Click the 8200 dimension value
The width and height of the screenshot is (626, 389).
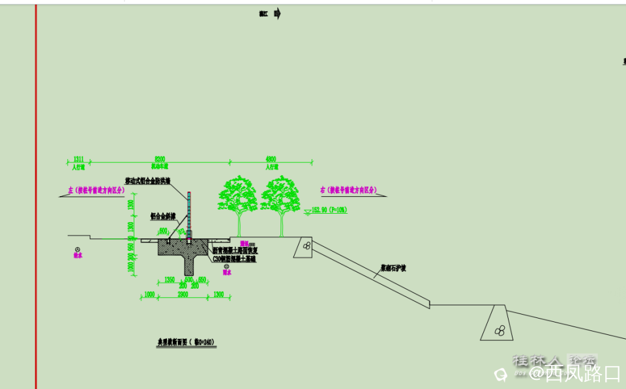(x=160, y=158)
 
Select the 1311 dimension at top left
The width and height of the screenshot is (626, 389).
(x=78, y=158)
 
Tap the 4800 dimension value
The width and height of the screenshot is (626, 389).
(x=271, y=158)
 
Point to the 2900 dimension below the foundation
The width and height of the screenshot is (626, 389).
(x=183, y=295)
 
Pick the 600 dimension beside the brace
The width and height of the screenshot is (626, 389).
(x=163, y=230)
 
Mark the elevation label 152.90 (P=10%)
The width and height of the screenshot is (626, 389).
(x=329, y=210)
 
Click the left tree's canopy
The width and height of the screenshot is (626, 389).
(x=237, y=194)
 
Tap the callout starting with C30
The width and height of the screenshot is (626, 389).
(x=234, y=259)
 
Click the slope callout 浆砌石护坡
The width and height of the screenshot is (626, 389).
(x=395, y=268)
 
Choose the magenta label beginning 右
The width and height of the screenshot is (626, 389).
(x=349, y=190)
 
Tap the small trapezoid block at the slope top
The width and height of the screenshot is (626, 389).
(x=304, y=247)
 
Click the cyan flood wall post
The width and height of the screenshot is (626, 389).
(x=189, y=215)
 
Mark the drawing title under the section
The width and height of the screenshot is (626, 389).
(x=186, y=341)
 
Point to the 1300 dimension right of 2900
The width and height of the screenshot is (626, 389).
(x=218, y=295)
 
